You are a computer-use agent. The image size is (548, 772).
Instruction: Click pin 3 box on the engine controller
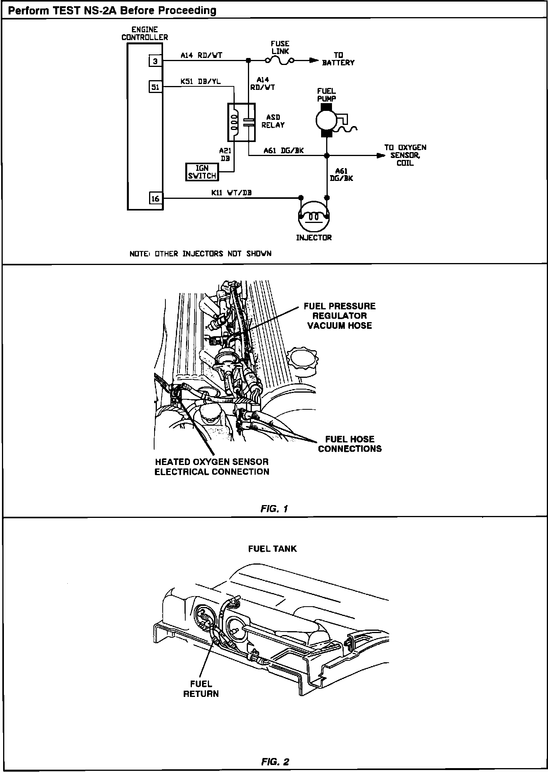(x=155, y=61)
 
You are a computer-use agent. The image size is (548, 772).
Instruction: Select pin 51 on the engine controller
(x=155, y=87)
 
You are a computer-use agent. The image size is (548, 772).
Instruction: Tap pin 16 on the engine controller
(x=155, y=198)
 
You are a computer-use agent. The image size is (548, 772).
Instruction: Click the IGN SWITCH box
(x=202, y=172)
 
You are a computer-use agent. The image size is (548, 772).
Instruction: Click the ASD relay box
(x=241, y=122)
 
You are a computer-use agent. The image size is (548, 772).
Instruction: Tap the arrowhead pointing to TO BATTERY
(x=313, y=61)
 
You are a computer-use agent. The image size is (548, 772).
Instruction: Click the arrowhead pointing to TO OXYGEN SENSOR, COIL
(x=380, y=156)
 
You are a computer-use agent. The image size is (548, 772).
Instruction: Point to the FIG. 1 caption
(x=274, y=508)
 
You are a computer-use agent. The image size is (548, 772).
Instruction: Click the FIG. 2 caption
(x=275, y=761)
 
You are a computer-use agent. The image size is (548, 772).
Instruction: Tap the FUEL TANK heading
(x=272, y=549)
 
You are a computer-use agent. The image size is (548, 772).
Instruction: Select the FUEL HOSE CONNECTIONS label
(x=350, y=444)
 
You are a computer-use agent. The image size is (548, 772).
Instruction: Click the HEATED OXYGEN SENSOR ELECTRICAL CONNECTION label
(x=212, y=467)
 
